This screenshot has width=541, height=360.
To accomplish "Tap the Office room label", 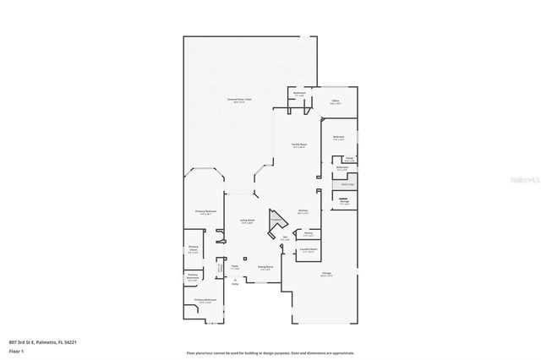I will (335, 101).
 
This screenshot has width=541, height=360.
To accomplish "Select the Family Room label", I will (299, 145).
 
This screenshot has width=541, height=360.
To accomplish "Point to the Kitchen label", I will (303, 211).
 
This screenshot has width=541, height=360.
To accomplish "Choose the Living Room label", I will (247, 221).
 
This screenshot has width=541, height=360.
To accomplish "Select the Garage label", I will (326, 274).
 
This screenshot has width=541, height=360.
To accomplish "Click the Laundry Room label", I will (309, 250).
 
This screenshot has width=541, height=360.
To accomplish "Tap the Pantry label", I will (309, 234).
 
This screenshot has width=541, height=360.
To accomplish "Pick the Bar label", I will (285, 237).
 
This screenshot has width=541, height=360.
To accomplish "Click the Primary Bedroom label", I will (206, 212).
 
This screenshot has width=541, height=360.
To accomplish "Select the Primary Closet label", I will (194, 248).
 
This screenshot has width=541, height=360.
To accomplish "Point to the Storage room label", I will (344, 202).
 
